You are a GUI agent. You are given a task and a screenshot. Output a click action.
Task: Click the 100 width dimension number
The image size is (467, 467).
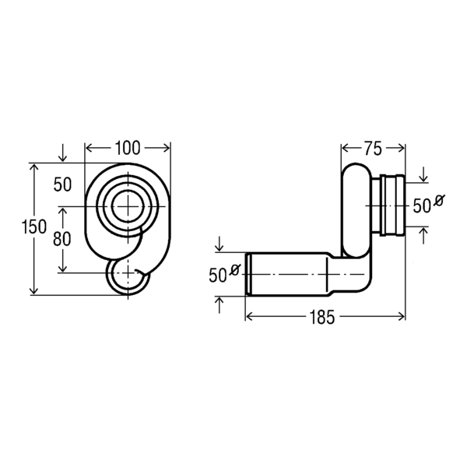pos(128,148)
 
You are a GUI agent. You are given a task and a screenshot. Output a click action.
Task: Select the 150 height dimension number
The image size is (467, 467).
pos(34,226)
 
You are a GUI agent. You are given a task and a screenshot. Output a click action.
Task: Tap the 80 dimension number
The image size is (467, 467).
pos(62,239)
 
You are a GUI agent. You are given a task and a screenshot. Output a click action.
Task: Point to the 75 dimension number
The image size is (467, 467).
pos(373,149)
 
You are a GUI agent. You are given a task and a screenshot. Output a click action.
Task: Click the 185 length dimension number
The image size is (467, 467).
pos(322,317)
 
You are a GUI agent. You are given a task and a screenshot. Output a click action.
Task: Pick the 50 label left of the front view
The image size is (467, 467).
pos(62,184)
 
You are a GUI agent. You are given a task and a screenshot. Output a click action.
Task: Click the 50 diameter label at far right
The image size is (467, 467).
pos(422,205)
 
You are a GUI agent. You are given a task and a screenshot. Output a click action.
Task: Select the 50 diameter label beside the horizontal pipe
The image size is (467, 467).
pos(218,276)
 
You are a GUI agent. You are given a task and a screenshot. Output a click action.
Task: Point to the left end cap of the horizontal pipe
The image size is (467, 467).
pos(248,274)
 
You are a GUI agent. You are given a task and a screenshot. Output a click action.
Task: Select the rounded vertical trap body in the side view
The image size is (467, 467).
pos(356,210)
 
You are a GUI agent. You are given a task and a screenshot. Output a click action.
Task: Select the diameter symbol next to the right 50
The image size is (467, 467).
pos(439,200)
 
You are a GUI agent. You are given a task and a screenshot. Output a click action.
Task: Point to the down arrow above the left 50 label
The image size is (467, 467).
pos(62,153)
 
